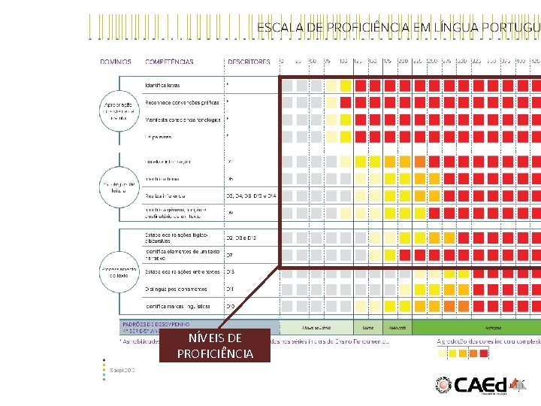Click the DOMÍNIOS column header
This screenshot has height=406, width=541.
point(116,62)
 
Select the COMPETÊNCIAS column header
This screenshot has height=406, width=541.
point(169,62)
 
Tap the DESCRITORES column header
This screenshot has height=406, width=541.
point(248,62)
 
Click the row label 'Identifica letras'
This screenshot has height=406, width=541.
point(163,85)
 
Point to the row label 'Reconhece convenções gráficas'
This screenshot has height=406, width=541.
point(183,102)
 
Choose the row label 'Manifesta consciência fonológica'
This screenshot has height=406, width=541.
point(183,120)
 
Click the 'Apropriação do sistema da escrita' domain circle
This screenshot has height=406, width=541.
point(117,111)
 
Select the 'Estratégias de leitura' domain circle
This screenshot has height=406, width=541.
point(117,185)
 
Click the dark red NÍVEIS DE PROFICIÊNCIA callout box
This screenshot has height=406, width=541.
point(215,346)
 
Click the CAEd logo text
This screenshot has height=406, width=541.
point(481,384)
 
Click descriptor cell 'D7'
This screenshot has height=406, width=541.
point(230,255)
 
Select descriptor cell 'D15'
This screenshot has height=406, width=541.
point(231,271)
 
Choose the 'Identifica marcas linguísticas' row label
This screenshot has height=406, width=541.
point(179,306)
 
